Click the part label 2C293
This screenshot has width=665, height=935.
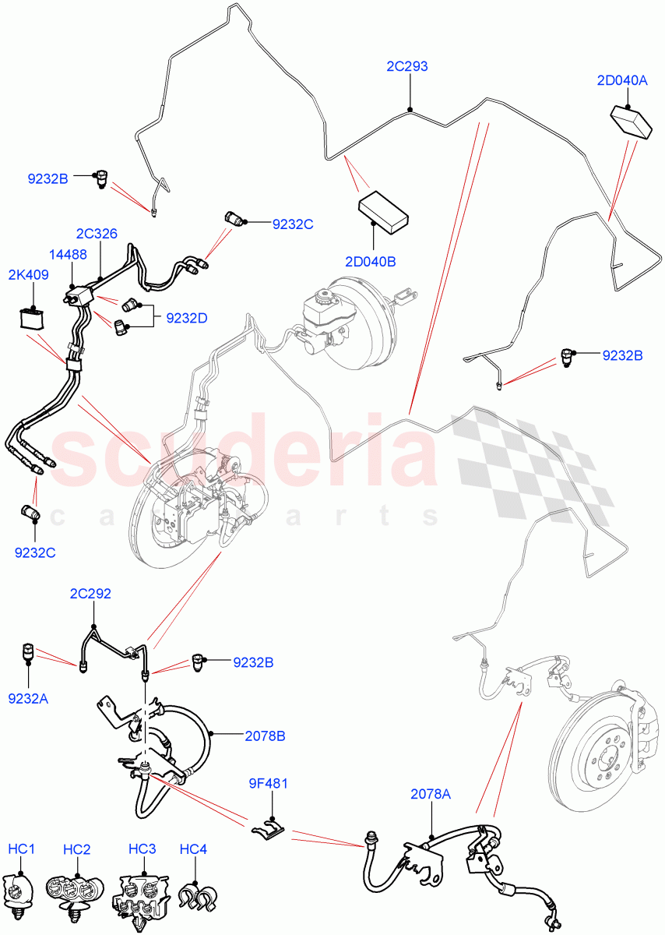(x=407, y=67)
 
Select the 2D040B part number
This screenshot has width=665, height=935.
(x=369, y=262)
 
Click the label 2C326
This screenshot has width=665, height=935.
(x=97, y=233)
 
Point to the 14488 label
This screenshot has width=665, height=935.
(x=69, y=254)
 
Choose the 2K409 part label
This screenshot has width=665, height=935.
(x=29, y=274)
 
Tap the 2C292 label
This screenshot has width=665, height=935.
(x=90, y=594)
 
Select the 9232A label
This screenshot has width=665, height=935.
(x=28, y=698)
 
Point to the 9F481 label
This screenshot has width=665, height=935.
(x=269, y=783)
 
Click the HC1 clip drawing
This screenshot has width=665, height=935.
(x=21, y=889)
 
